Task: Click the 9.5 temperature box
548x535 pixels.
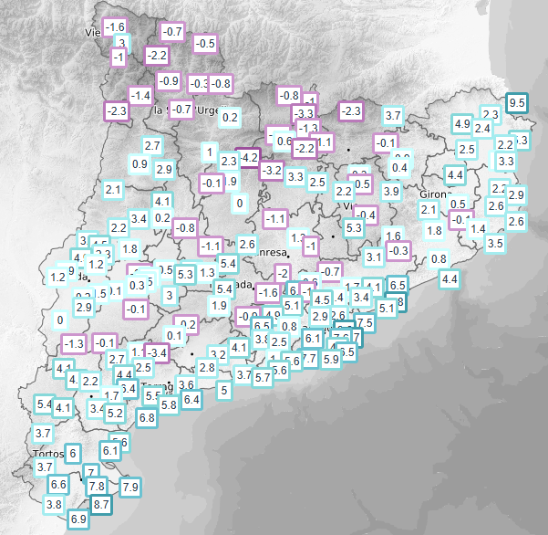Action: coord(517,103)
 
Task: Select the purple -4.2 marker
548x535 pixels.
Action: coord(248,158)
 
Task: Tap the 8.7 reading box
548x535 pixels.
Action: coord(101,503)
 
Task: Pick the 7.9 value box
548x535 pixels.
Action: coord(129,486)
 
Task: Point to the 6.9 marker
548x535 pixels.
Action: coord(78,519)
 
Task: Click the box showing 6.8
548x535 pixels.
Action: coord(146,416)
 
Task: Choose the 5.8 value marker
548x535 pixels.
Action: coord(168,404)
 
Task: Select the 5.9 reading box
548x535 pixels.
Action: coord(331,359)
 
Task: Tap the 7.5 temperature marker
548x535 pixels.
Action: coord(365,322)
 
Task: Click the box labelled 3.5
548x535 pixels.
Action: coord(495,243)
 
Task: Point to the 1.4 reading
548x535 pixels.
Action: coord(478,227)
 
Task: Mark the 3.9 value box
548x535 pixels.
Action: coord(391,191)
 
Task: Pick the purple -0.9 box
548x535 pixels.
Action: coord(169,80)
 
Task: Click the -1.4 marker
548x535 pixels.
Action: coord(140,95)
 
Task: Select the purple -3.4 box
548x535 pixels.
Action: coord(158,351)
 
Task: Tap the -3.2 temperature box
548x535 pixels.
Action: coord(271,170)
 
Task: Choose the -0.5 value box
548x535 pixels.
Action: coord(205,43)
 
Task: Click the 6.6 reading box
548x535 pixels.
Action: coord(58,484)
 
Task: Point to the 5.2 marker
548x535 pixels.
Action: coord(115,413)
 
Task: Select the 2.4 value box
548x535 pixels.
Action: coord(482,128)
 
